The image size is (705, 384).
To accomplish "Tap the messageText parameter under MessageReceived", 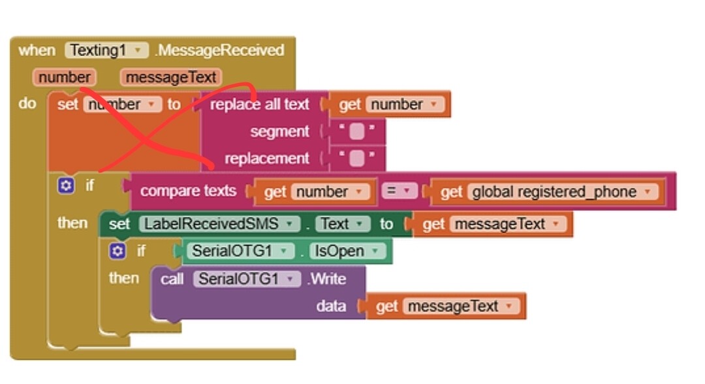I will [x=171, y=77].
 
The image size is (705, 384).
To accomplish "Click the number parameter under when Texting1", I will [x=64, y=77].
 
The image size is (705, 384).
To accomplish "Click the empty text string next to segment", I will [x=356, y=132].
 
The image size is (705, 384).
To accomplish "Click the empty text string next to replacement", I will [x=356, y=159].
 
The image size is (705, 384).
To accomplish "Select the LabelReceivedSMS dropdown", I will [x=219, y=224].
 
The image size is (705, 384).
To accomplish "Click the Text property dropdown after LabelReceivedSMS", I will [x=342, y=224].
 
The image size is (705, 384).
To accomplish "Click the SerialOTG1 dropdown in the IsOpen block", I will [x=240, y=251].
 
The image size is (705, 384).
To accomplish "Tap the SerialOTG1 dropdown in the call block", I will [x=247, y=280].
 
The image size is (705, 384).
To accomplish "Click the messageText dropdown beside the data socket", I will [x=457, y=306].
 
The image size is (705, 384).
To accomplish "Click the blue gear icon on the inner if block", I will [x=117, y=251].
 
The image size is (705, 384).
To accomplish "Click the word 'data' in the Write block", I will [x=331, y=306].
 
